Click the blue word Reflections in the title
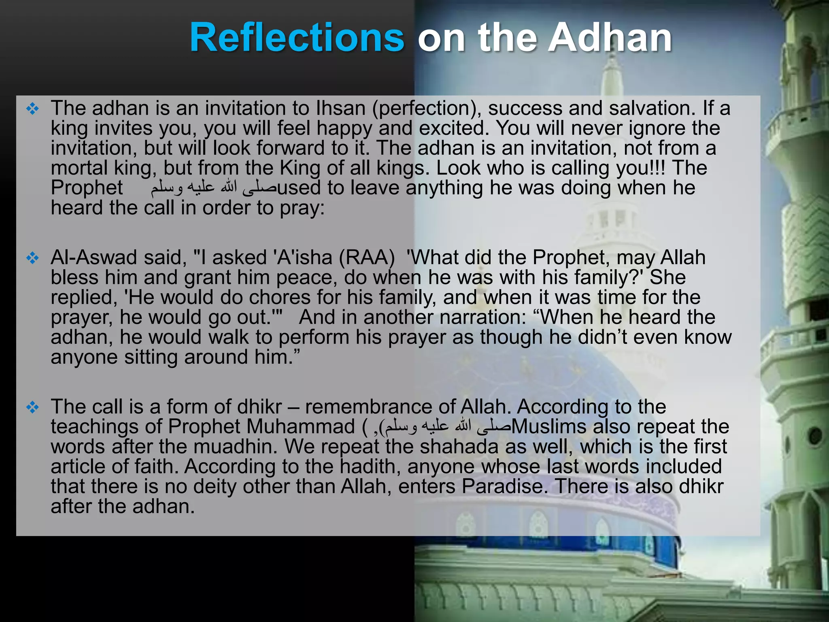pyautogui.click(x=297, y=38)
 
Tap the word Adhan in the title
pyautogui.click(x=610, y=38)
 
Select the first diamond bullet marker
pyautogui.click(x=32, y=109)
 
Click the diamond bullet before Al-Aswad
pyautogui.click(x=32, y=258)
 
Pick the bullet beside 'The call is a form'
pyautogui.click(x=32, y=407)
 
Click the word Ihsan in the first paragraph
pyautogui.click(x=340, y=109)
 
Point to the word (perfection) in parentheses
pyautogui.click(x=426, y=109)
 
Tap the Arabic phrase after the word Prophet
pyautogui.click(x=213, y=188)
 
